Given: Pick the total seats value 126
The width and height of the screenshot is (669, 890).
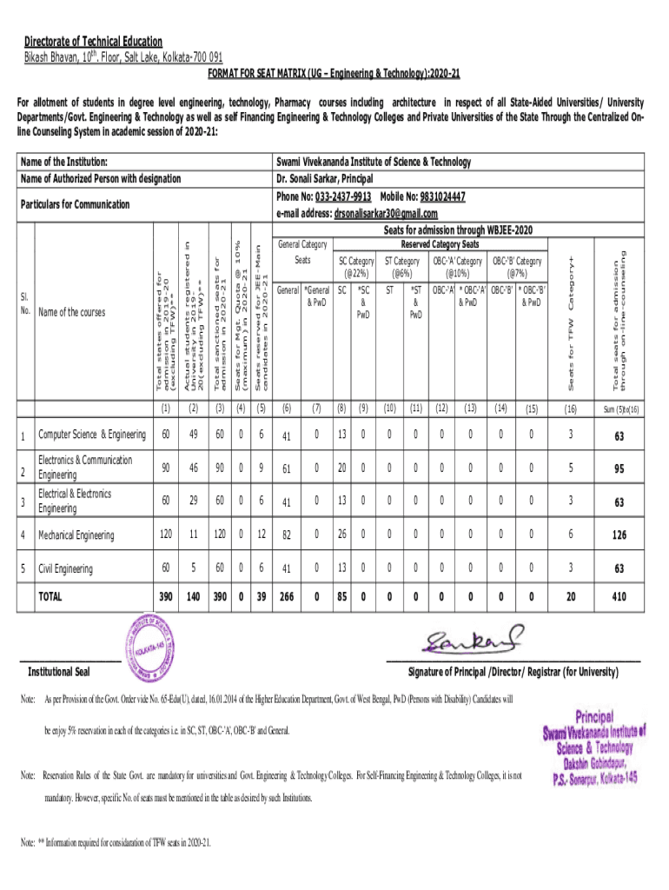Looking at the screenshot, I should coord(618,535).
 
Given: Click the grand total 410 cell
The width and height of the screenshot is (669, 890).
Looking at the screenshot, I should coord(618,598).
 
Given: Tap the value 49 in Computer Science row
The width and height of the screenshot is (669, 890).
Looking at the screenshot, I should coord(192,435).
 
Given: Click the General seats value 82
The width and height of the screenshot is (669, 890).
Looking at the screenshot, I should coord(286,535).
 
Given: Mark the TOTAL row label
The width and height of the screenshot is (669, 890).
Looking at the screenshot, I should coord(50,597).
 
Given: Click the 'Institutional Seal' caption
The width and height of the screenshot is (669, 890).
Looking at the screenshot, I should coord(59,673).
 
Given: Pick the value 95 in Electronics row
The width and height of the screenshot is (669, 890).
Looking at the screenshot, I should coord(618,469).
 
